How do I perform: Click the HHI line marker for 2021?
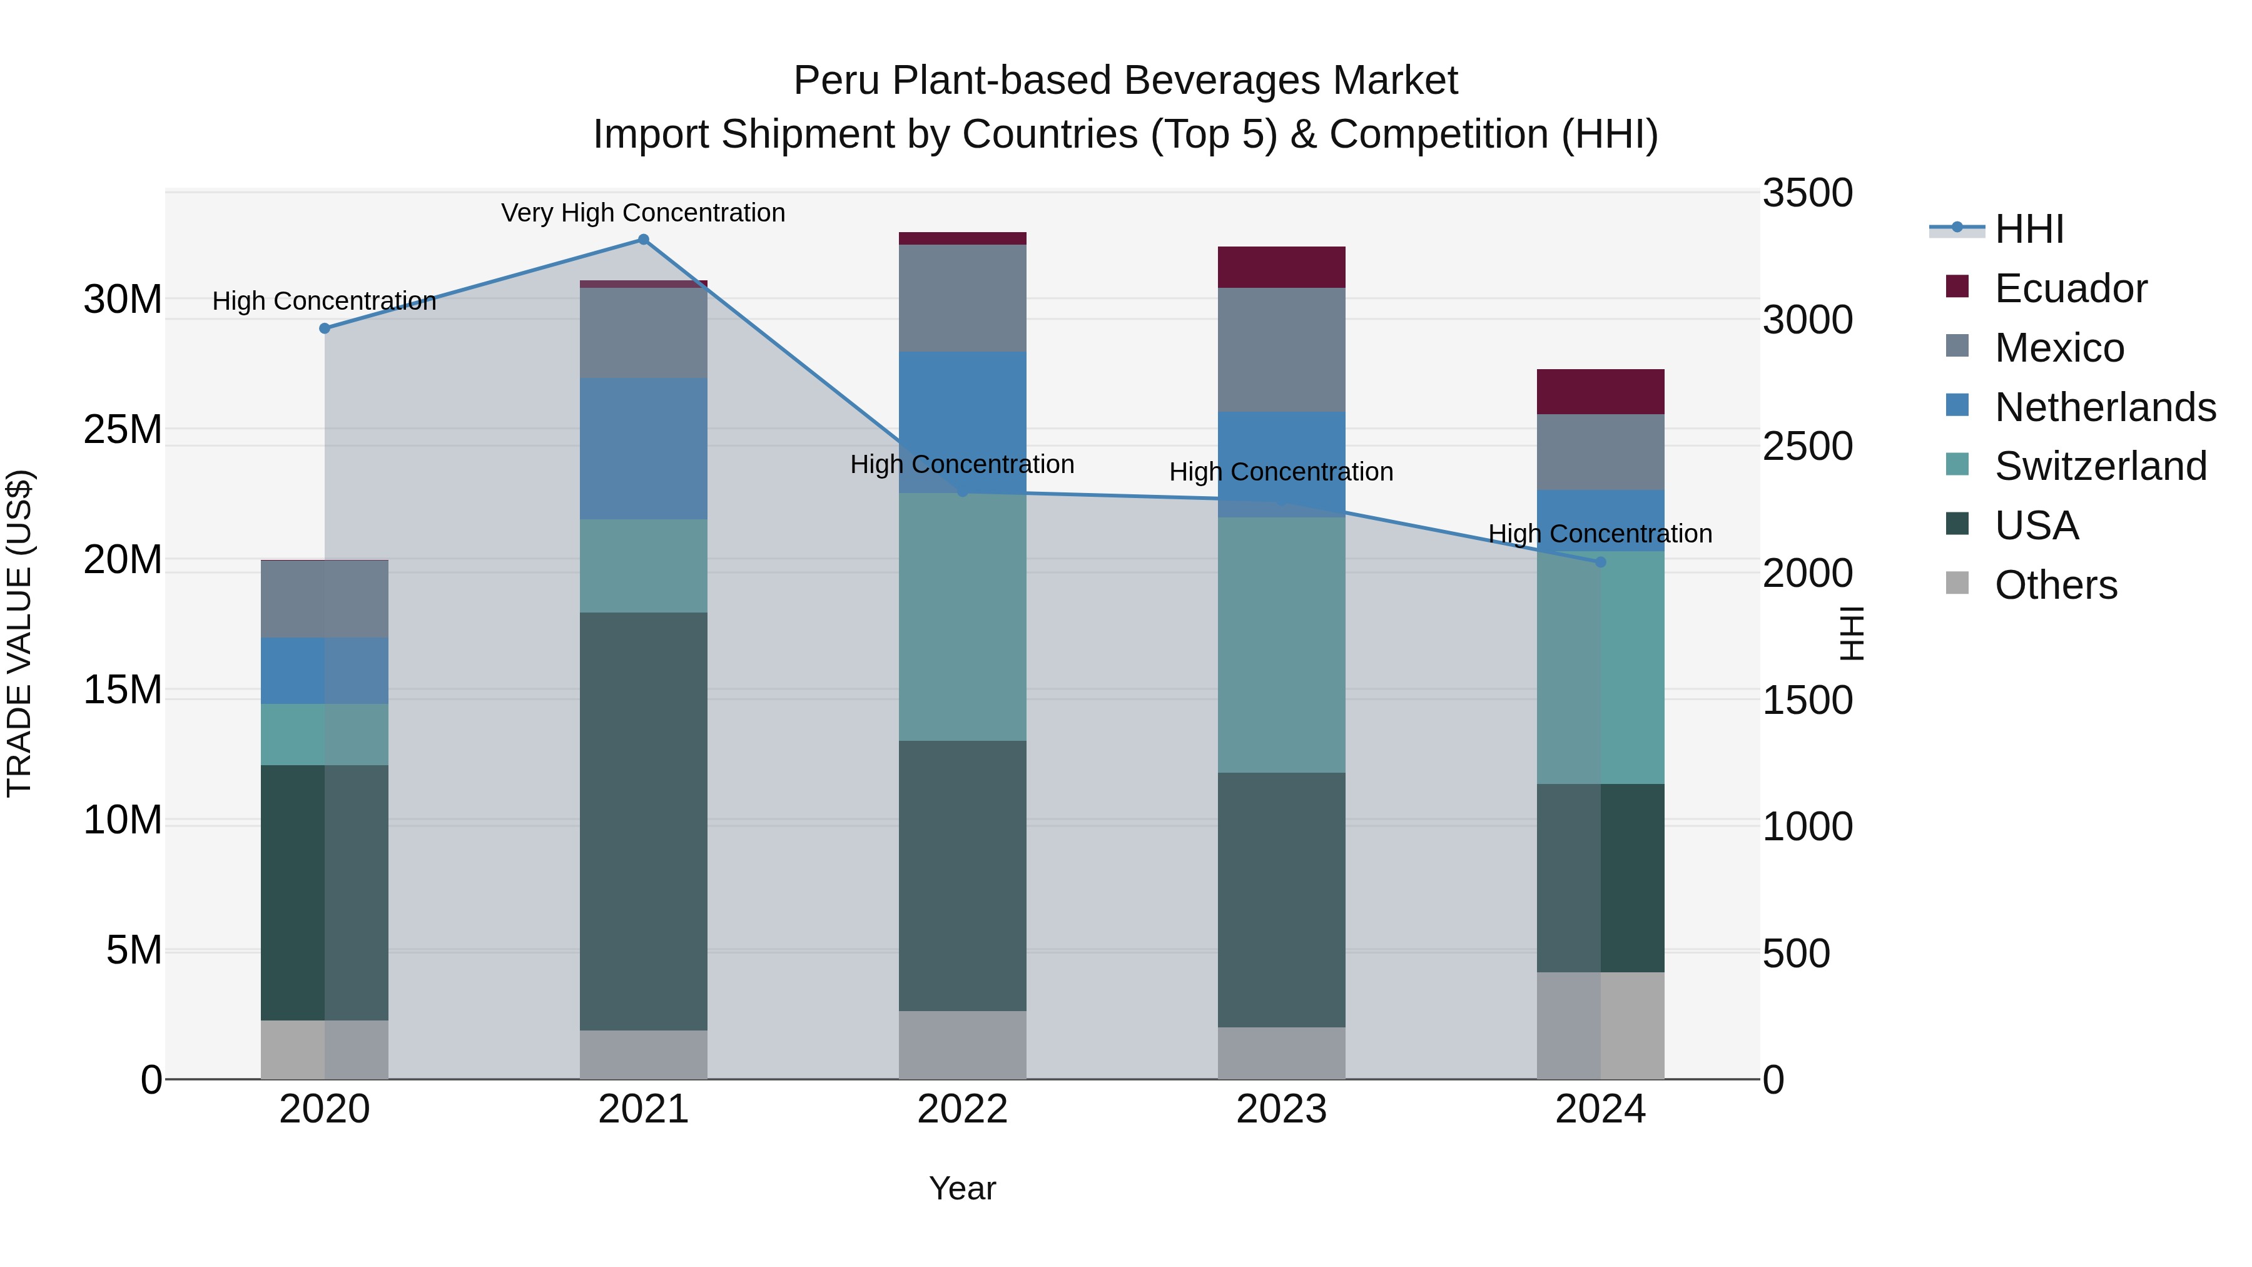tap(644, 240)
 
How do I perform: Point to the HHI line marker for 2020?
tap(324, 328)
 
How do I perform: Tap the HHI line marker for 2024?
tap(1601, 562)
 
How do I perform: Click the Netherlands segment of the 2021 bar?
tap(644, 449)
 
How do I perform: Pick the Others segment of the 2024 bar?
tap(1601, 1025)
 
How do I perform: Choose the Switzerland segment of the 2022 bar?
tap(963, 618)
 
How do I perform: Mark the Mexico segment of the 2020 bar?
tap(324, 599)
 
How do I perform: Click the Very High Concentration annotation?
tap(644, 213)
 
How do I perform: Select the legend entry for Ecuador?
tap(2070, 288)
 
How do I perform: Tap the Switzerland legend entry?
tap(2100, 466)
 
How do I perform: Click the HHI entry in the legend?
tap(2028, 229)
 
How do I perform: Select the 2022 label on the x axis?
tap(963, 1109)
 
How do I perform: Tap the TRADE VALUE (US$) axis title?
tap(19, 634)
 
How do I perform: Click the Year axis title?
tap(963, 1188)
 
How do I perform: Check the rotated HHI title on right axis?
tap(1852, 634)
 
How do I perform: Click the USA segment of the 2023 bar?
tap(1282, 900)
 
